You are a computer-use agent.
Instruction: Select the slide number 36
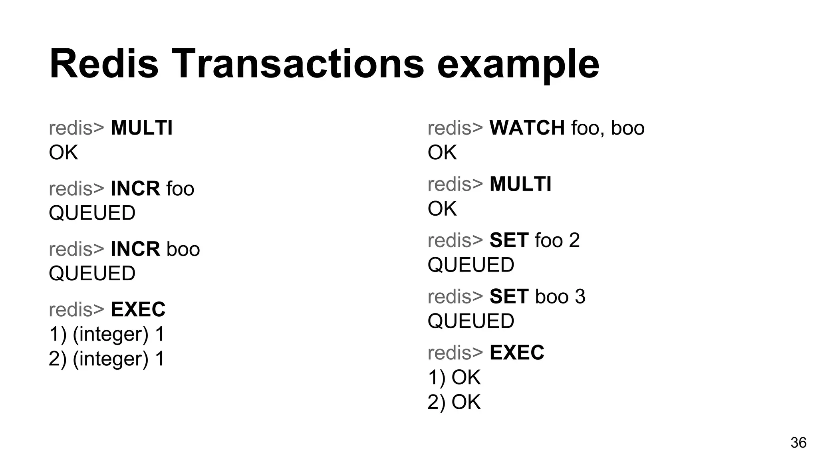pyautogui.click(x=798, y=443)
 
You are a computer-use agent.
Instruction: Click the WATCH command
pyautogui.click(x=527, y=128)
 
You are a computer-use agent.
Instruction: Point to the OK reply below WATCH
pyautogui.click(x=442, y=153)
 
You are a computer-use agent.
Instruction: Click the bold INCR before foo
pyautogui.click(x=135, y=189)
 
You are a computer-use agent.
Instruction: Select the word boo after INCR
pyautogui.click(x=183, y=249)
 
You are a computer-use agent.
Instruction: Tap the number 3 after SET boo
pyautogui.click(x=580, y=297)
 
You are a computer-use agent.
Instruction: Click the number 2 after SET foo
pyautogui.click(x=574, y=240)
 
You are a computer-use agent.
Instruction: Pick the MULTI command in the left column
pyautogui.click(x=141, y=128)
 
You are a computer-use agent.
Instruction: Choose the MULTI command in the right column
pyautogui.click(x=520, y=184)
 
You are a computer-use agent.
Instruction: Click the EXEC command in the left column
pyautogui.click(x=138, y=309)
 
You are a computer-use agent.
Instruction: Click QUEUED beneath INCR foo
pyautogui.click(x=92, y=213)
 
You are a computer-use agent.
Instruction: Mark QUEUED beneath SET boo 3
pyautogui.click(x=471, y=321)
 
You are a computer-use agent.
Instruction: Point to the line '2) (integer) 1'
pyautogui.click(x=106, y=359)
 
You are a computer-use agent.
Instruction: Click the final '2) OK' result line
pyautogui.click(x=454, y=402)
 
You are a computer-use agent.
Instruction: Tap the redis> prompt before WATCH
pyautogui.click(x=455, y=128)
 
